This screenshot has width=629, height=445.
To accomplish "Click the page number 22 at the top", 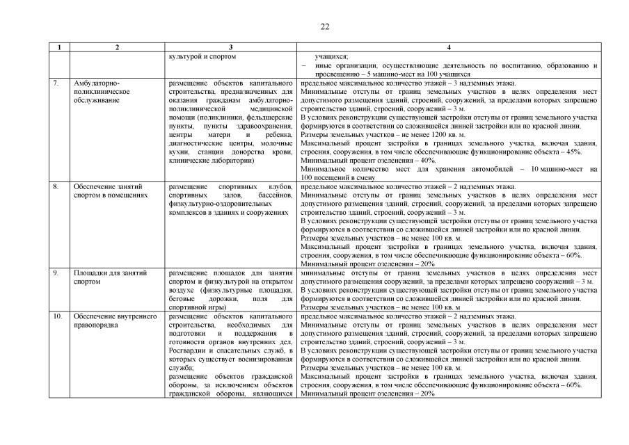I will (x=325, y=26).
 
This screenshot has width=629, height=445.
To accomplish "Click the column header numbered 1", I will (x=60, y=47).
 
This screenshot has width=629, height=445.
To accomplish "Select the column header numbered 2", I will (x=117, y=47).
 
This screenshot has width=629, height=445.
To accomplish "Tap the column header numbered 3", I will (x=230, y=47).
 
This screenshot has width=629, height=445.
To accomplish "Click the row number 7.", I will (x=56, y=83).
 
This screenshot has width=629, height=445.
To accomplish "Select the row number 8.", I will (x=56, y=187).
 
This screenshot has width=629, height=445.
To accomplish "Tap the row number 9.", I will (x=56, y=273).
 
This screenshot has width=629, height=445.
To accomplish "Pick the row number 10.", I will (x=57, y=316).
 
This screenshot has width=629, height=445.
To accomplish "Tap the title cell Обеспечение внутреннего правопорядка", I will (x=109, y=321).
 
